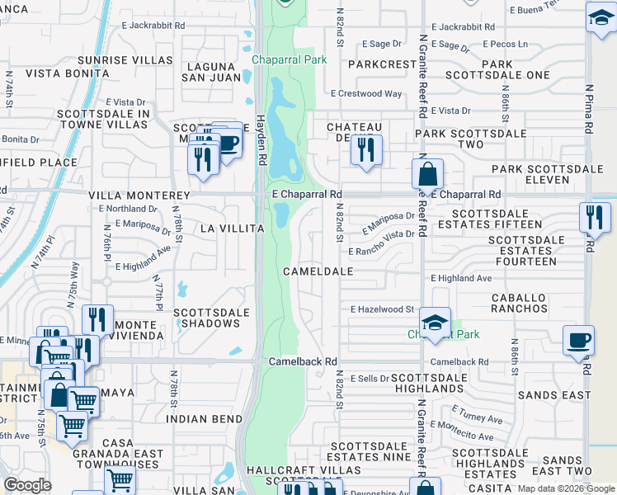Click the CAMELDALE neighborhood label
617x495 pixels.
coord(318,271)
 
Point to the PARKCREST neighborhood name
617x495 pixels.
coord(383,64)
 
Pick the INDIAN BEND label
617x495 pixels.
coord(203,419)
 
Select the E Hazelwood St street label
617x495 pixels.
coord(381,309)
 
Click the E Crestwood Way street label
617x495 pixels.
coord(366,94)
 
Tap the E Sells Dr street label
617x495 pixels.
coord(369,379)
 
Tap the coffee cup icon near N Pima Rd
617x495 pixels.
coord(578,340)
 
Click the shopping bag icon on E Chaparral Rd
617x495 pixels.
coord(427,175)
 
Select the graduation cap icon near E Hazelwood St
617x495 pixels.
coord(435,322)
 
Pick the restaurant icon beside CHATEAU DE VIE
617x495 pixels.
coord(365,149)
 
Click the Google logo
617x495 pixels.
coord(28,485)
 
